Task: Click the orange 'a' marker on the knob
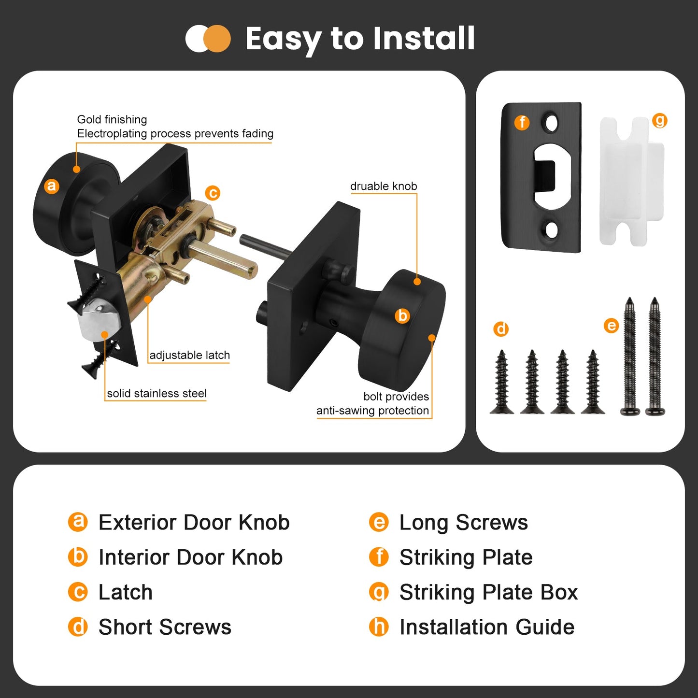pyautogui.click(x=51, y=186)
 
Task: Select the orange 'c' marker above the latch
pyautogui.click(x=213, y=193)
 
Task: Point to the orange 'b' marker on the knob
pyautogui.click(x=402, y=315)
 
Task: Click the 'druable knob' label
pyautogui.click(x=384, y=186)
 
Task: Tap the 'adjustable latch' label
pyautogui.click(x=189, y=355)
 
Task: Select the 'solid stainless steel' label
pyautogui.click(x=157, y=393)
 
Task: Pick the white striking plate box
pyautogui.click(x=632, y=181)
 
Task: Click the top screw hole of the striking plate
pyautogui.click(x=551, y=124)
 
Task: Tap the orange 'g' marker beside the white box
pyautogui.click(x=660, y=121)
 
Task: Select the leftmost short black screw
pyautogui.click(x=502, y=382)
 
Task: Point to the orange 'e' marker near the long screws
pyautogui.click(x=611, y=326)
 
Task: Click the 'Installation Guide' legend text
pyautogui.click(x=487, y=627)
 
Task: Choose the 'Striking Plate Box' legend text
pyautogui.click(x=489, y=592)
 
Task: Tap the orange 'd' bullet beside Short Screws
pyautogui.click(x=78, y=627)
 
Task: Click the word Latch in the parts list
pyautogui.click(x=126, y=592)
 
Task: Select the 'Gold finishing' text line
pyautogui.click(x=112, y=119)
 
